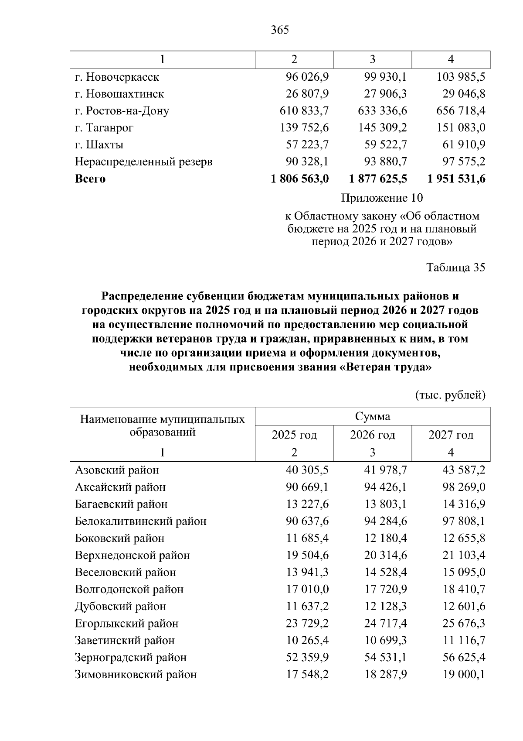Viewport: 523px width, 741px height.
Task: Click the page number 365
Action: (x=279, y=30)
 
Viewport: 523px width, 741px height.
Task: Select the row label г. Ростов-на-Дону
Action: (x=122, y=111)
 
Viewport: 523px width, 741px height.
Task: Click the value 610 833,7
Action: (x=304, y=111)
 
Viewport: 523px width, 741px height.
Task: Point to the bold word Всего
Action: (x=90, y=179)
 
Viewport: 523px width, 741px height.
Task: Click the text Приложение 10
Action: (x=381, y=198)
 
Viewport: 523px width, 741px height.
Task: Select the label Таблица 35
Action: (x=455, y=268)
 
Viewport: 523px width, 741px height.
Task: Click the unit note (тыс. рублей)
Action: (x=450, y=395)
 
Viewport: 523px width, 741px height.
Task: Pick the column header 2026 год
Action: (x=373, y=435)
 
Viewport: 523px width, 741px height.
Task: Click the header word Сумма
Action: (x=373, y=416)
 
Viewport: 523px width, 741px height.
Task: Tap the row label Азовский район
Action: (x=117, y=470)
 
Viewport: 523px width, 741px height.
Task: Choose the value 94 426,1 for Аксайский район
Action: (x=385, y=487)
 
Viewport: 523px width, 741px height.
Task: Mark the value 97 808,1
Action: (x=464, y=521)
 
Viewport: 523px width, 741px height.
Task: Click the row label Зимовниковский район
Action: (x=136, y=675)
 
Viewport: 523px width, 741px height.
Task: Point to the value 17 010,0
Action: (x=307, y=590)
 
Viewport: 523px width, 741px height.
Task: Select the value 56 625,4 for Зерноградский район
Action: (x=464, y=658)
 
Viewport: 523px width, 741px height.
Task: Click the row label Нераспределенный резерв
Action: (x=143, y=162)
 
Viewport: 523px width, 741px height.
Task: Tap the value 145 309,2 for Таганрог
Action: (x=382, y=128)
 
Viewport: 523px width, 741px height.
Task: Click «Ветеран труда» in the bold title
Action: (x=385, y=367)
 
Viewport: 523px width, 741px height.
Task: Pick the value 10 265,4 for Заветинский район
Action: (x=307, y=641)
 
